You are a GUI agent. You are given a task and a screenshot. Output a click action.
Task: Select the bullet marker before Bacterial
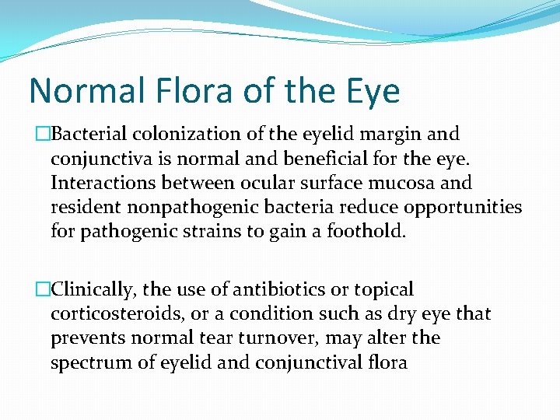(x=43, y=135)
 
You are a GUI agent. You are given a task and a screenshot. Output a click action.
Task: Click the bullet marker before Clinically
(x=43, y=290)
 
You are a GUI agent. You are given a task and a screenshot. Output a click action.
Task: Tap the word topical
(x=383, y=290)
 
